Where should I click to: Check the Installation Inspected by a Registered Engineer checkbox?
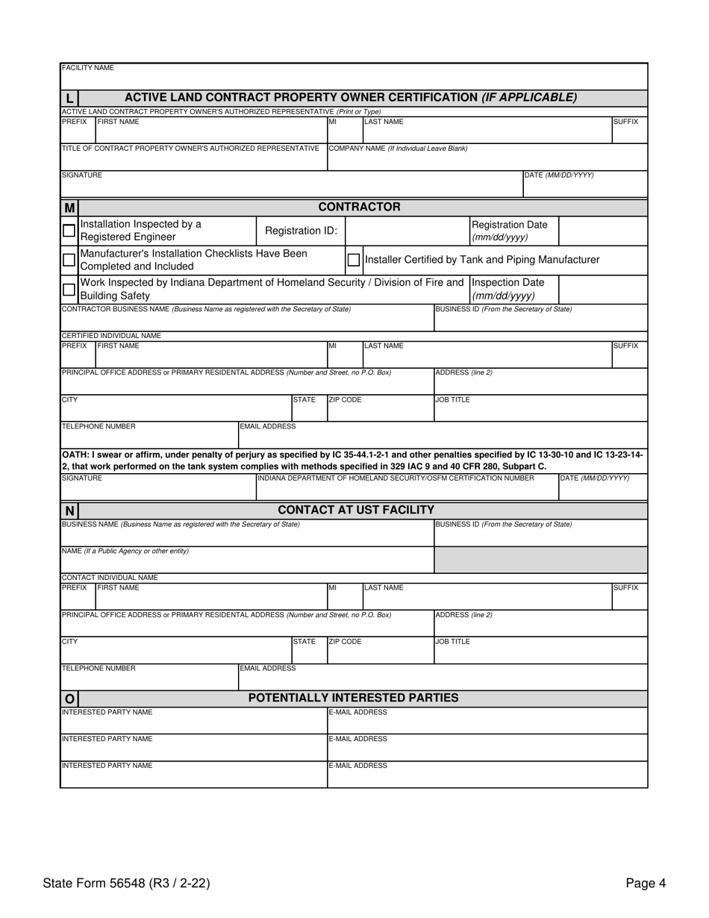click(x=69, y=231)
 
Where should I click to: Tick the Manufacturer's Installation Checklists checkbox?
click(x=69, y=260)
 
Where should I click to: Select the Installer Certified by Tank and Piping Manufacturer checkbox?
click(x=354, y=260)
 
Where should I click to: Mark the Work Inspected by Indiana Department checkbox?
click(x=69, y=290)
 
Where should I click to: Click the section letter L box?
click(x=69, y=98)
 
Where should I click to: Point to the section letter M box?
click(x=69, y=207)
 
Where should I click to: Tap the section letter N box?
click(x=69, y=510)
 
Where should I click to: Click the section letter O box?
click(x=69, y=699)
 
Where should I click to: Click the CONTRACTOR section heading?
click(x=359, y=207)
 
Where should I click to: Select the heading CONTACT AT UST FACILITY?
click(x=356, y=510)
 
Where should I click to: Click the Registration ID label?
click(x=301, y=231)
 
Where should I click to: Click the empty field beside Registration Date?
click(x=602, y=231)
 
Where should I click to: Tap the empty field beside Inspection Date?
click(x=602, y=290)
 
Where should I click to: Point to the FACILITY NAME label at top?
click(x=87, y=68)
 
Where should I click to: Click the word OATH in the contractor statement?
click(x=75, y=455)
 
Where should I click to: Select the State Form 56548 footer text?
click(x=126, y=884)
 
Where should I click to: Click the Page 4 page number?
click(x=646, y=884)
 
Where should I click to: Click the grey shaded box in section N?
click(x=540, y=559)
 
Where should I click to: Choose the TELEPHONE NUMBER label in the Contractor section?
click(x=99, y=427)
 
